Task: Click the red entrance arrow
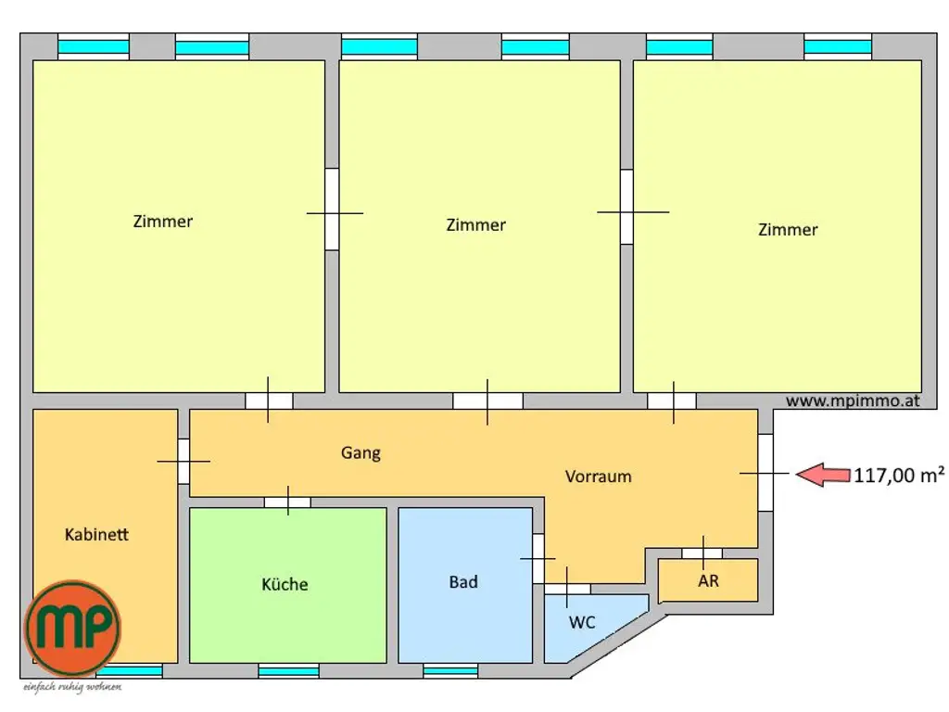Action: click(823, 475)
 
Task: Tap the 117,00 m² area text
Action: click(899, 476)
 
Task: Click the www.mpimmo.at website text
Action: click(853, 401)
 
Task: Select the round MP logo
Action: click(72, 628)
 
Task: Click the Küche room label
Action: click(285, 585)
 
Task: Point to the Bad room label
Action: click(463, 582)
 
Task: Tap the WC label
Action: click(582, 622)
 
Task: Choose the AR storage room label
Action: click(708, 582)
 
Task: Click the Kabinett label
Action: click(96, 535)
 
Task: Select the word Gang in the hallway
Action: click(361, 453)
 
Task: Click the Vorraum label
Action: click(598, 477)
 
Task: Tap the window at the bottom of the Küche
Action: click(288, 670)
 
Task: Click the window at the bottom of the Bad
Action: click(450, 670)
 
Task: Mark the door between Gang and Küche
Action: click(287, 502)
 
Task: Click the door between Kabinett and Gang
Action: click(183, 461)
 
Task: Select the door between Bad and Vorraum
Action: click(538, 559)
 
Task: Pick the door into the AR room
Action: click(702, 553)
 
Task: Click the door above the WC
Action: click(567, 589)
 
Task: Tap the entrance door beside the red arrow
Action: click(765, 473)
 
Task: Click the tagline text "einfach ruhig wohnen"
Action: click(72, 687)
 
